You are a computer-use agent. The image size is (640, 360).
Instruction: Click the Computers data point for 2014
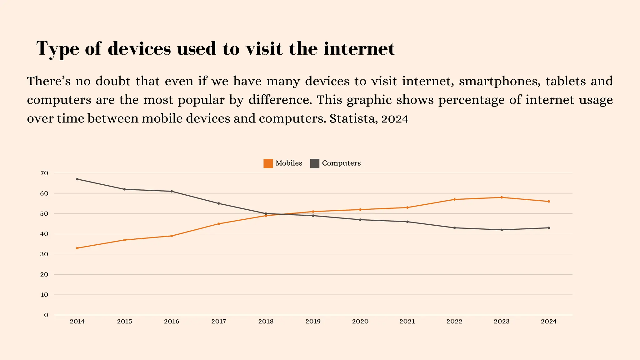[x=77, y=179]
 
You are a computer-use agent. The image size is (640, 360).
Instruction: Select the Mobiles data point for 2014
[x=77, y=248]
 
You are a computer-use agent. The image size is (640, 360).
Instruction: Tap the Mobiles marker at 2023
[x=502, y=197]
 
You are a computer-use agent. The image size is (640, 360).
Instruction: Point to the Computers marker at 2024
[x=549, y=228]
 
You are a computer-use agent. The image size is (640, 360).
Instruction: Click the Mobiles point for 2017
[x=219, y=224]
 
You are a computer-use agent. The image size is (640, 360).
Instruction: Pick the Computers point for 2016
[x=172, y=191]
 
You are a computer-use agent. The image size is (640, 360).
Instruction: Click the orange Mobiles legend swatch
[x=268, y=163]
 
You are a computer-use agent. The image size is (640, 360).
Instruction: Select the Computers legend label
[x=341, y=163]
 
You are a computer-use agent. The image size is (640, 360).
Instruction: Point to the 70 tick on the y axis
[x=44, y=173]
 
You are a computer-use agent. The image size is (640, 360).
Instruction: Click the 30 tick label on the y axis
[x=44, y=254]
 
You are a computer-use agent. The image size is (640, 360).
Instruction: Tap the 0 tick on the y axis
[x=46, y=315]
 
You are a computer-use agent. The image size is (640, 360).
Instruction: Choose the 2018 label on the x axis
[x=266, y=322]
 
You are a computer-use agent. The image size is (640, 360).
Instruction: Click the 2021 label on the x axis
[x=407, y=322]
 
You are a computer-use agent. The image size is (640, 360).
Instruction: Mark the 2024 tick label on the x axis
[x=549, y=322]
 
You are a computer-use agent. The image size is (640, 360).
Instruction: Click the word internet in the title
[x=359, y=49]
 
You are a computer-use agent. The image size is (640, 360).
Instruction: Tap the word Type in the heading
[x=58, y=49]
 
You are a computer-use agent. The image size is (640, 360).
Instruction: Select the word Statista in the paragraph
[x=349, y=119]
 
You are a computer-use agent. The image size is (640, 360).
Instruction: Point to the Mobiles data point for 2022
[x=454, y=199]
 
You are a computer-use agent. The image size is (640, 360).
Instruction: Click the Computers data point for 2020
[x=360, y=220]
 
